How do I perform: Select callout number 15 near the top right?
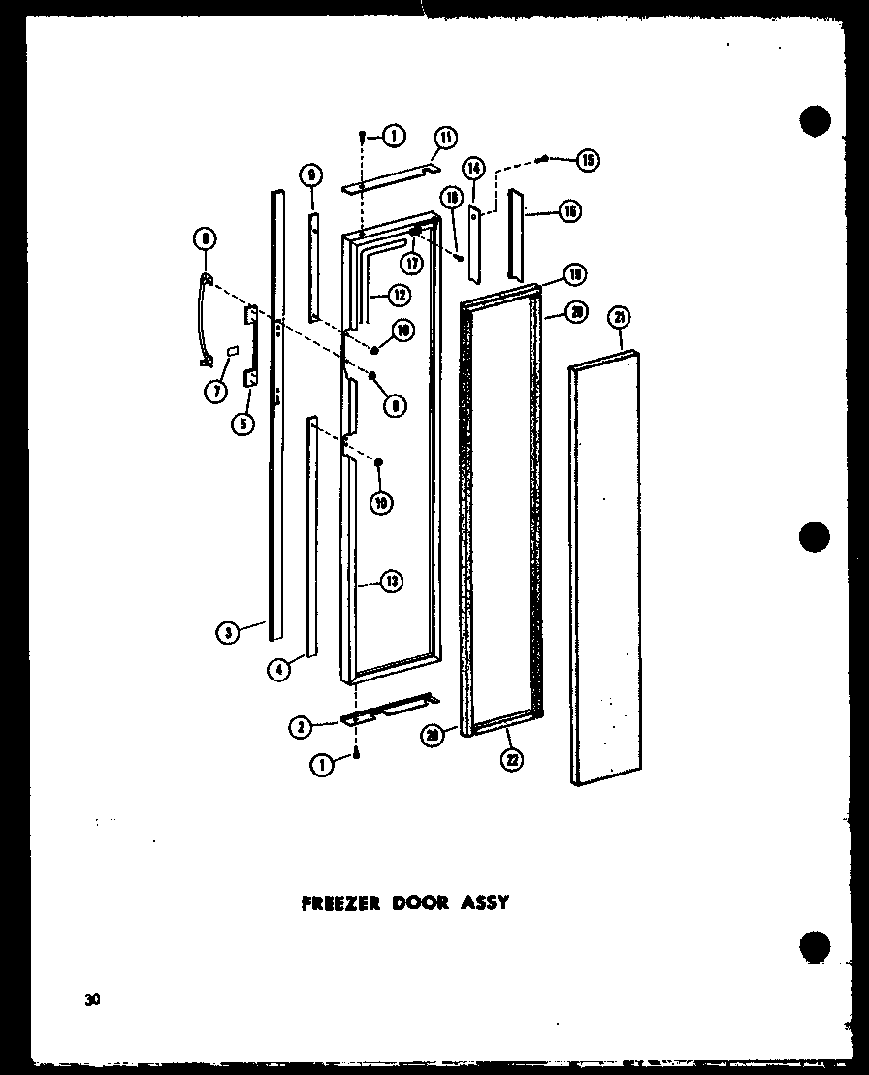(588, 160)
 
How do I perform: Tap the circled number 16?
(569, 210)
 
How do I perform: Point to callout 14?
(472, 167)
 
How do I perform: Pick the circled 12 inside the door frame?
(399, 294)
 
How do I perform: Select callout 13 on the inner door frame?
(391, 582)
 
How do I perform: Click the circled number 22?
(511, 759)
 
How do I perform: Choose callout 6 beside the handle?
(205, 237)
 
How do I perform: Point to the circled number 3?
(227, 634)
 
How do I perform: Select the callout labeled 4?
(279, 669)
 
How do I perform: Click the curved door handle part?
(205, 320)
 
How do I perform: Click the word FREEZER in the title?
(333, 902)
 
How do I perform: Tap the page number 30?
(92, 1000)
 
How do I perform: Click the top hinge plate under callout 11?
(388, 183)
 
